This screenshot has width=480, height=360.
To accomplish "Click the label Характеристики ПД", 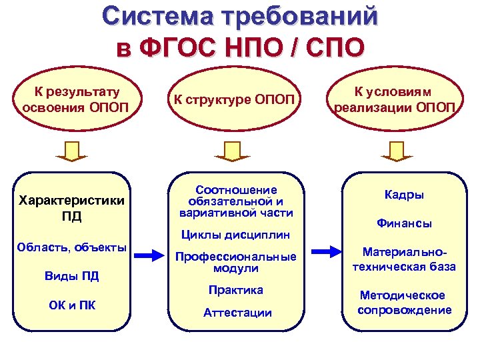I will pos(72,208).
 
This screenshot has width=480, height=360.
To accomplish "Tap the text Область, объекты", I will pos(72,247).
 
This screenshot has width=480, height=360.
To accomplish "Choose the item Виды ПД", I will pos(72,276).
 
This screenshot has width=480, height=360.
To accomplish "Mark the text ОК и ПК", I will pos(72,305).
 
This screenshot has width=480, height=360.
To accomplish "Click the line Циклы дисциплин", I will pos(236,235).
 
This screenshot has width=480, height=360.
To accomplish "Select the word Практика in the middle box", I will pos(236,290).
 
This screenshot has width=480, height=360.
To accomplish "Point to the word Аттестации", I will pos(237,312).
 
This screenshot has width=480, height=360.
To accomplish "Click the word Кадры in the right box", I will pos(404,195).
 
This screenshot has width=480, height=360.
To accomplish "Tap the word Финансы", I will pos(404,224).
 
